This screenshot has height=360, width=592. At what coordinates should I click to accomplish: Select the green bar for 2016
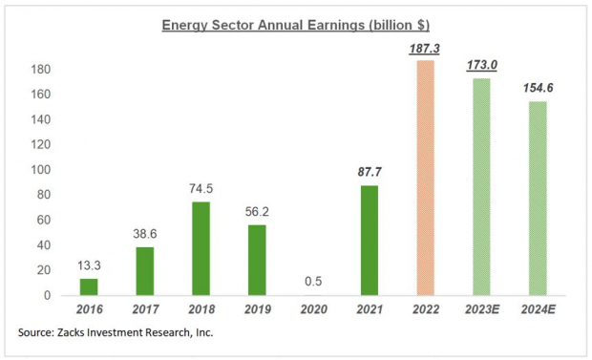tap(88, 286)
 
